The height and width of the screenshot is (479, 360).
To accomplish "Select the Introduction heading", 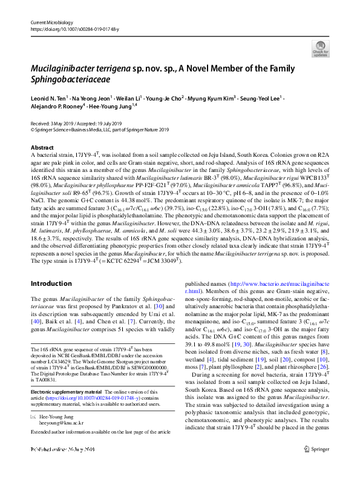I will [x=51, y=283].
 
